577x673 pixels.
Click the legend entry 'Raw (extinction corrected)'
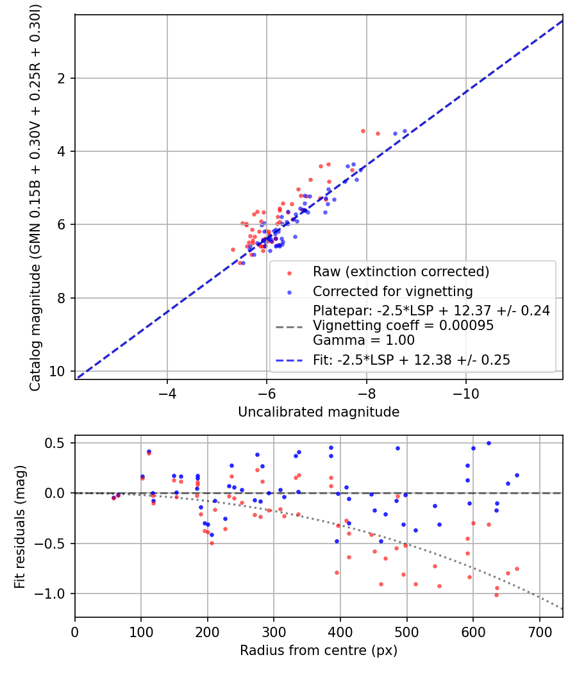(401, 272)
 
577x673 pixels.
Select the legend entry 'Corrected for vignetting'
(393, 292)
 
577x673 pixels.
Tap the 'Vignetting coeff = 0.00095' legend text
(403, 326)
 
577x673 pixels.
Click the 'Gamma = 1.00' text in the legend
(364, 340)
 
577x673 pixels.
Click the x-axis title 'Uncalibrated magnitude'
(319, 412)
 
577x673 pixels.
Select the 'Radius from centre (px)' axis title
(319, 651)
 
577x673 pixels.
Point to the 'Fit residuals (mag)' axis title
(20, 526)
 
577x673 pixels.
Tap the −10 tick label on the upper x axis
(466, 394)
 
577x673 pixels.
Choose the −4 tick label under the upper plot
(167, 394)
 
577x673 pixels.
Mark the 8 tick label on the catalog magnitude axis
(62, 298)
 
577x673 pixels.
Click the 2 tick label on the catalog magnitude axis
(62, 78)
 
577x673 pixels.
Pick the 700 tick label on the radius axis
(539, 632)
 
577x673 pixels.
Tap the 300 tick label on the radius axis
(274, 632)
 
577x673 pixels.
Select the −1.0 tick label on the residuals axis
(50, 594)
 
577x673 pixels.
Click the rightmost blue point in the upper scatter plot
(405, 131)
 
